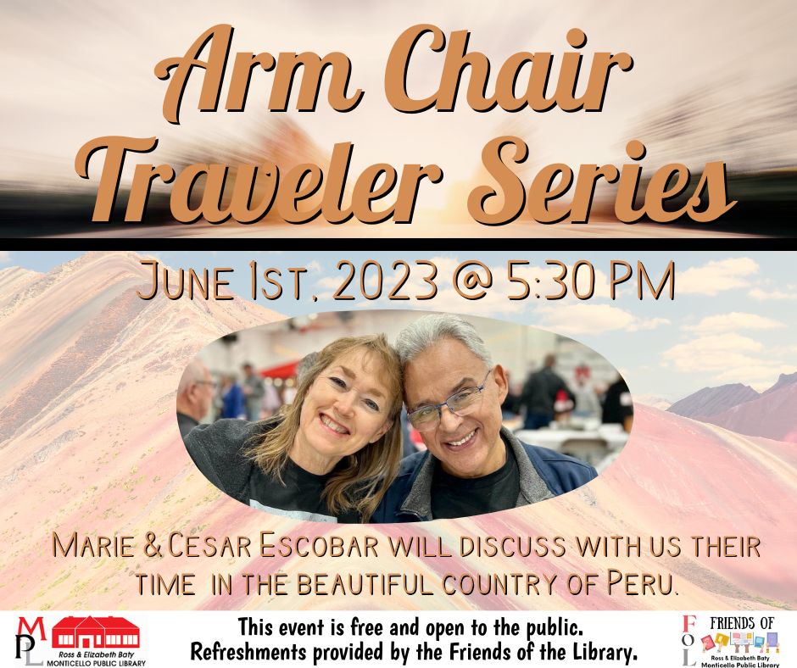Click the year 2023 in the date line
(x=386, y=280)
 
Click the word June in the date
(x=186, y=281)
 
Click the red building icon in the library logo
(x=96, y=632)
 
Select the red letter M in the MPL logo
(x=31, y=628)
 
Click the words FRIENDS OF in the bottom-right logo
(x=742, y=623)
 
